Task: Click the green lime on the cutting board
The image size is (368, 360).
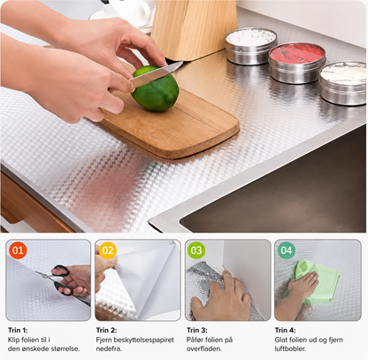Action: click(155, 88)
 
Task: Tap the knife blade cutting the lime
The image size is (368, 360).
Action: click(157, 73)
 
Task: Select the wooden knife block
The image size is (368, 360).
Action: click(194, 28)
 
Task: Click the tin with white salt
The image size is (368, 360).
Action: click(251, 46)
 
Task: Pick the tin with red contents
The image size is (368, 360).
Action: click(297, 63)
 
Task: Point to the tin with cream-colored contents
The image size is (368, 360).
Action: click(343, 82)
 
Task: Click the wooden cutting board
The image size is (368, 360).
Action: click(171, 124)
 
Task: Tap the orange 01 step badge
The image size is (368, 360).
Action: click(18, 250)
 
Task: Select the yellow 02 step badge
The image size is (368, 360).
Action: click(108, 250)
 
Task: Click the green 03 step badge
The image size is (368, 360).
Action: click(196, 250)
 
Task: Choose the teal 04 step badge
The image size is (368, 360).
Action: click(286, 250)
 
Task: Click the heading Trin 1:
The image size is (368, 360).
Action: click(18, 330)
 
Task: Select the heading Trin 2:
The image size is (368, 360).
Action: click(106, 330)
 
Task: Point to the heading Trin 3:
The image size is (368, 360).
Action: click(197, 330)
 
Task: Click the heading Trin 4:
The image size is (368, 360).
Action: click(285, 330)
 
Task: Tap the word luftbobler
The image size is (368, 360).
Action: click(290, 349)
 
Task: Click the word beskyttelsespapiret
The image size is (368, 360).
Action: click(144, 340)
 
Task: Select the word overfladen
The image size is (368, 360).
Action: click(204, 349)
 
